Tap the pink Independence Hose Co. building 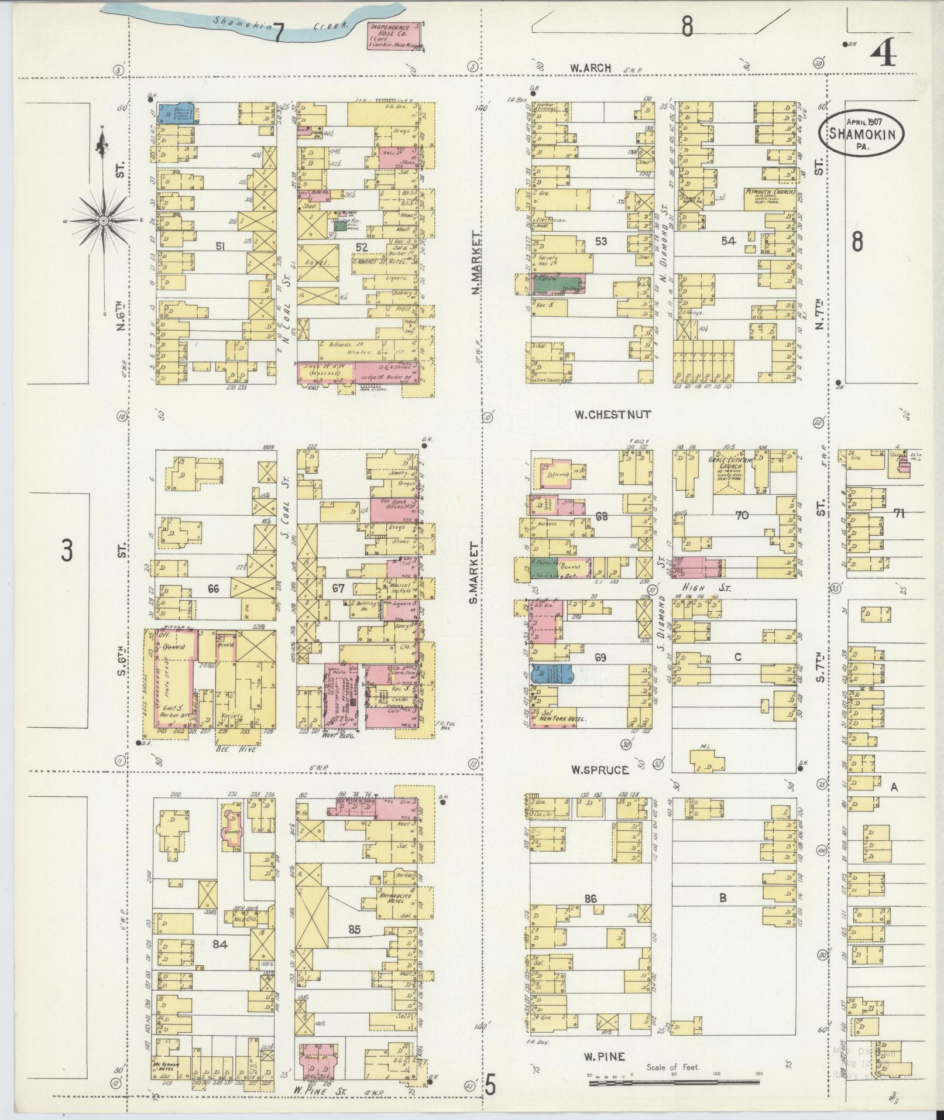(x=394, y=36)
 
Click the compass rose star (x=103, y=220)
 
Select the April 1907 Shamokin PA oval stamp (x=860, y=133)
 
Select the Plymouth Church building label (x=769, y=192)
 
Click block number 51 (x=219, y=246)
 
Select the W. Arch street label (x=591, y=68)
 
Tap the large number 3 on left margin (x=68, y=550)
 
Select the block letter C (x=737, y=657)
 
